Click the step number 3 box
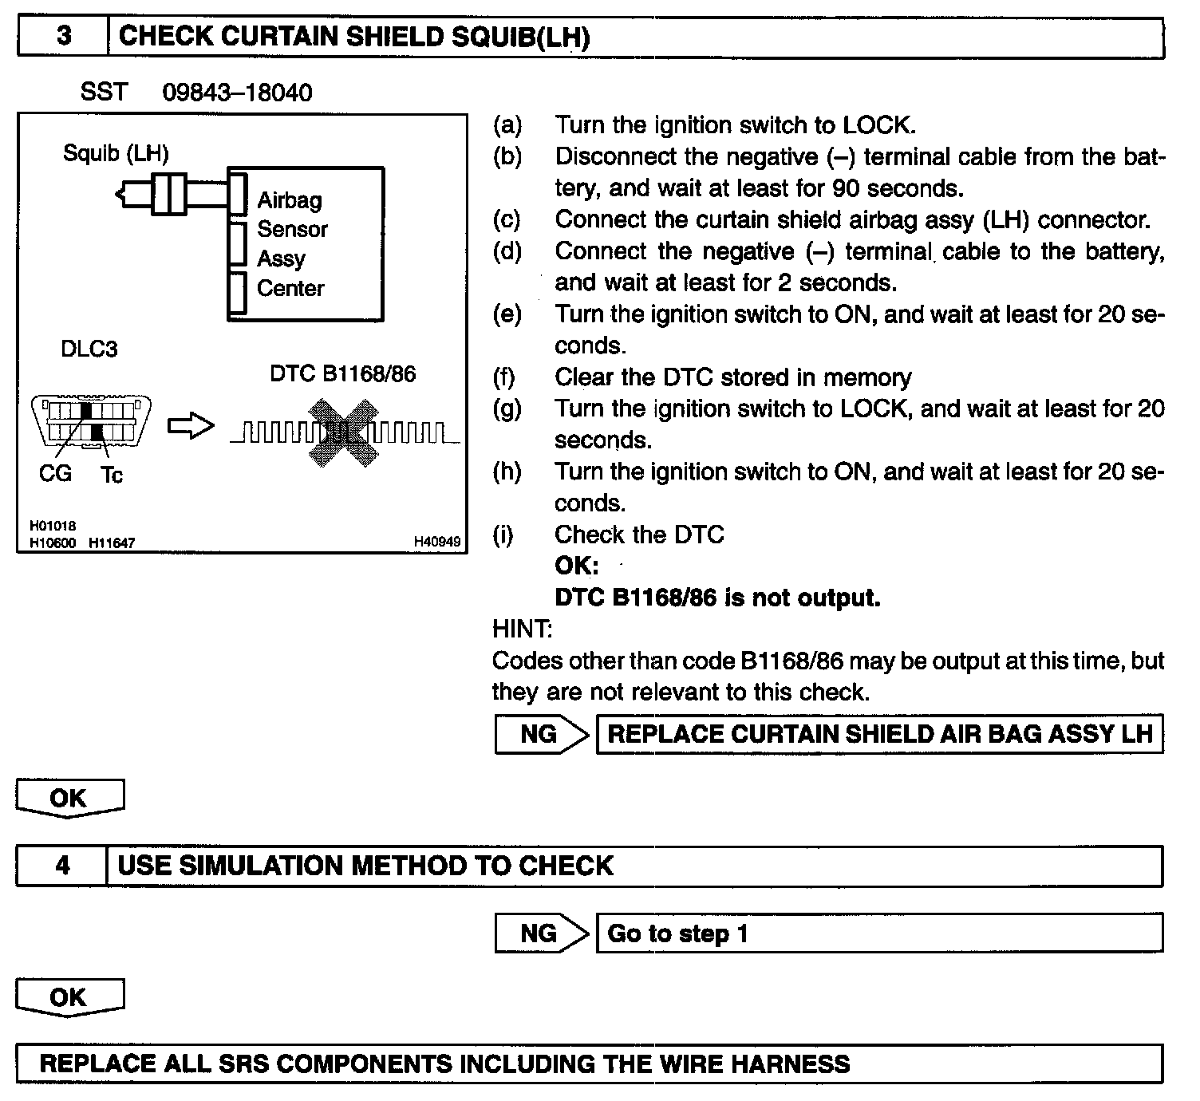point(63,37)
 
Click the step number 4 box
point(62,866)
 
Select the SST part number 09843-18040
point(237,93)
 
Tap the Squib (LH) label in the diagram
point(116,152)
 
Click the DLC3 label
point(89,349)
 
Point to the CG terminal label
point(55,474)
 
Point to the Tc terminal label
point(112,476)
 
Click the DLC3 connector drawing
point(91,422)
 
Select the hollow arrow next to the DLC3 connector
point(191,427)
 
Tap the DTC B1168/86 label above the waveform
point(342,374)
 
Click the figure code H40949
point(436,543)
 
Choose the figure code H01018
point(53,526)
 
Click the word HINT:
point(522,629)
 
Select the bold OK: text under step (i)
point(576,566)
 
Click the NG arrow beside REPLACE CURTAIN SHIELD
point(541,734)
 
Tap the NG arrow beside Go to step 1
point(541,933)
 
